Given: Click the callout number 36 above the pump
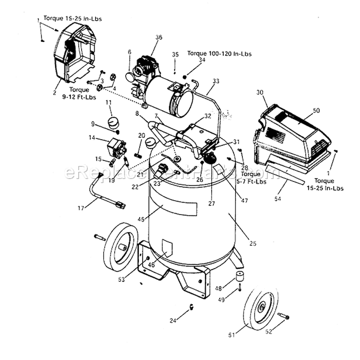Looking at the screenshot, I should coord(159,37).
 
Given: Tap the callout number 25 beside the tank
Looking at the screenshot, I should coord(253,243).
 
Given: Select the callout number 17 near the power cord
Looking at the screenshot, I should coord(80,208).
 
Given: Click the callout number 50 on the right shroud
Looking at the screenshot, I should coord(316,110).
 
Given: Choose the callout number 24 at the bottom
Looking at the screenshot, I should coord(173,320).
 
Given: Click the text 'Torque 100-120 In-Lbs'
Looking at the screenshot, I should coord(219,54).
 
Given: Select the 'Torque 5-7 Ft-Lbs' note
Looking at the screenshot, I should coord(253,178).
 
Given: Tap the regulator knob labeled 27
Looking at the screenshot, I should coord(209,158).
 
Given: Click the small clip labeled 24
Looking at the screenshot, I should coord(191,307).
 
